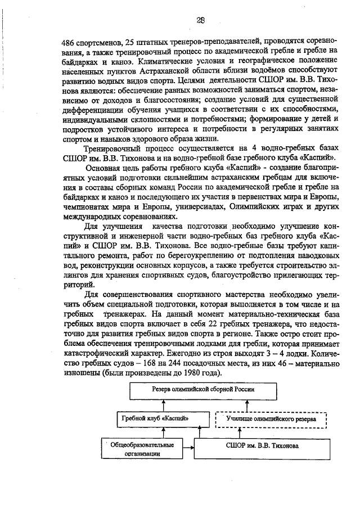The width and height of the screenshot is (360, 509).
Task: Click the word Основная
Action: point(102,168)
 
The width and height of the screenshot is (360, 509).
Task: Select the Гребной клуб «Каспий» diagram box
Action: point(156,419)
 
